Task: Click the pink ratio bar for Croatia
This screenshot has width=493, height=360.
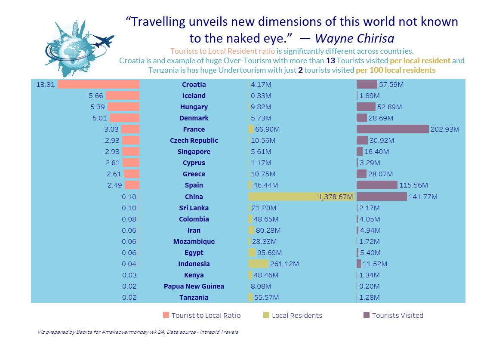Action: click(x=98, y=84)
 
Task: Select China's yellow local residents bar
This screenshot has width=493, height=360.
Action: click(x=301, y=197)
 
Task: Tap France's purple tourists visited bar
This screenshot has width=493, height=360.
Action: click(x=392, y=129)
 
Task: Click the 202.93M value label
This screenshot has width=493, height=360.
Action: click(x=445, y=129)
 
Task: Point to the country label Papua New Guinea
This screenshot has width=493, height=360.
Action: click(x=194, y=286)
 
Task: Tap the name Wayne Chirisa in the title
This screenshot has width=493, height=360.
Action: click(x=354, y=38)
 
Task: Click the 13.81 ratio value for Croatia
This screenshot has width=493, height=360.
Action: click(x=45, y=84)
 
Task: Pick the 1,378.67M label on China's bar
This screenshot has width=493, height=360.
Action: click(x=336, y=197)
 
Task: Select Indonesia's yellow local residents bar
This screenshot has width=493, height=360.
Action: click(x=258, y=264)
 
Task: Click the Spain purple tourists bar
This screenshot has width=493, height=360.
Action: click(x=377, y=185)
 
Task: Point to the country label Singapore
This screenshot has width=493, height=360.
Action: click(x=194, y=151)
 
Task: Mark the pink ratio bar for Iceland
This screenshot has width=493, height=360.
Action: click(x=122, y=95)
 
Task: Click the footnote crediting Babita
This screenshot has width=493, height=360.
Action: click(x=138, y=332)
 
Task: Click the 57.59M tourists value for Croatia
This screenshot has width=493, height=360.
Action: click(x=391, y=84)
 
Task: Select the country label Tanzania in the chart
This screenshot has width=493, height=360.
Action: click(x=194, y=297)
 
